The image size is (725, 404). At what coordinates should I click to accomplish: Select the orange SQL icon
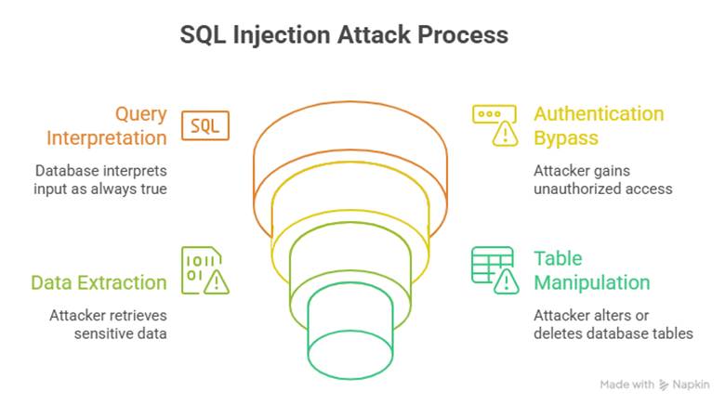tap(204, 125)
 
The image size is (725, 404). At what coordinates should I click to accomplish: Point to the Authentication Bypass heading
tap(598, 125)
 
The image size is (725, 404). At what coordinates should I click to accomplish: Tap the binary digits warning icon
tap(204, 270)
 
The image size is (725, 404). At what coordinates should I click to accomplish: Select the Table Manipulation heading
tap(591, 269)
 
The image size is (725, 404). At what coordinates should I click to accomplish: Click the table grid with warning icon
tap(494, 270)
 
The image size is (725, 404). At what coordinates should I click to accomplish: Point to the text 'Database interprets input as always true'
tap(101, 180)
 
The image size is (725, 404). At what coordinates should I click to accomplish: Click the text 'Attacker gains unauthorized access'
tap(602, 180)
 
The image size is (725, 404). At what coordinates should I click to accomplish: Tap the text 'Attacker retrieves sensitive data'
tap(108, 324)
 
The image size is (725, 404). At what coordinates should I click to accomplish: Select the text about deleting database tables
tap(613, 324)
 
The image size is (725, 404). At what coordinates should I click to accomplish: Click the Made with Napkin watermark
tap(654, 384)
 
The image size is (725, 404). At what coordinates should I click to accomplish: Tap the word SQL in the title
tap(203, 34)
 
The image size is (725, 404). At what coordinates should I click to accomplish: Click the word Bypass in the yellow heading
tap(565, 137)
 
